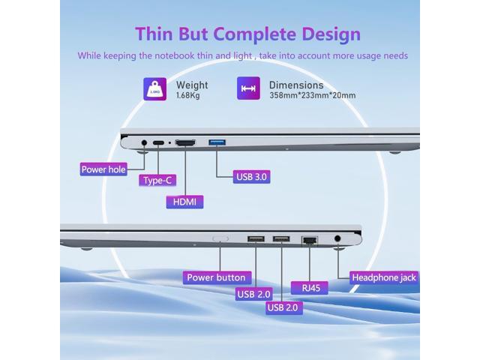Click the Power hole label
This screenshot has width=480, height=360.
[x=103, y=169]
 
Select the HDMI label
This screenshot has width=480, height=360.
[x=184, y=201]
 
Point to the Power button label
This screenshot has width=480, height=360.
[x=215, y=277]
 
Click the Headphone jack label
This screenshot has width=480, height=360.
[x=385, y=277]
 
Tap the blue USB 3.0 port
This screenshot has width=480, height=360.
[x=217, y=142]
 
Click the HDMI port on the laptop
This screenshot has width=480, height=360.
[x=186, y=142]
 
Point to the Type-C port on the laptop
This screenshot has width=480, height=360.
[x=159, y=142]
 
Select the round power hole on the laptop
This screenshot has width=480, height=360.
[x=143, y=142]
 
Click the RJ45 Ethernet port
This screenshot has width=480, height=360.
[x=308, y=240]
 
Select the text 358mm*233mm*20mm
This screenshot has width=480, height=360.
[x=312, y=95]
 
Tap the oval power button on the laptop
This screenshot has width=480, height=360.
[x=221, y=239]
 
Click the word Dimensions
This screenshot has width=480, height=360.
[x=296, y=85]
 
